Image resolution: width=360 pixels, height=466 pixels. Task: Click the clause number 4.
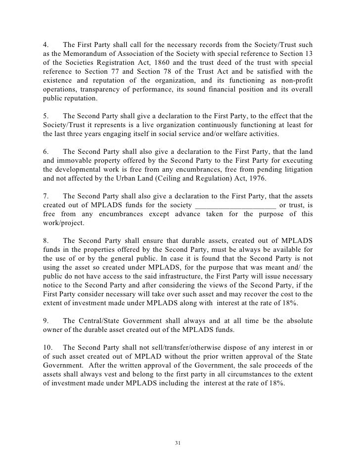pyautogui.click(x=45, y=44)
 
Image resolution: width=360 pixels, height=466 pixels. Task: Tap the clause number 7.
pyautogui.click(x=45, y=195)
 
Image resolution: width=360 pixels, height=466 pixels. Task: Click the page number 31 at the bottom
pyautogui.click(x=179, y=442)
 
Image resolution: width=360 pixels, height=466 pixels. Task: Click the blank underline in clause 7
pyautogui.click(x=236, y=205)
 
